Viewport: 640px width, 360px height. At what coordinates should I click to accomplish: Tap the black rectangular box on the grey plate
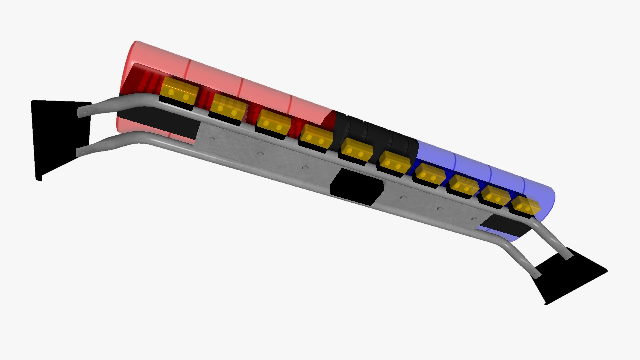click(x=357, y=187)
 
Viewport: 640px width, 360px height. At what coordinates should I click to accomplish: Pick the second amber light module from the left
click(x=228, y=107)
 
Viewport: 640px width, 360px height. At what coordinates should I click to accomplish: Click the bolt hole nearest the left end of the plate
click(x=211, y=138)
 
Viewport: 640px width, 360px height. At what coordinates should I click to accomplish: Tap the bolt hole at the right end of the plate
click(x=474, y=219)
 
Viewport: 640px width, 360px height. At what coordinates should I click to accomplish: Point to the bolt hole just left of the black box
click(x=305, y=167)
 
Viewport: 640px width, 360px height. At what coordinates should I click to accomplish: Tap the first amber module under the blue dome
click(x=429, y=175)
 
